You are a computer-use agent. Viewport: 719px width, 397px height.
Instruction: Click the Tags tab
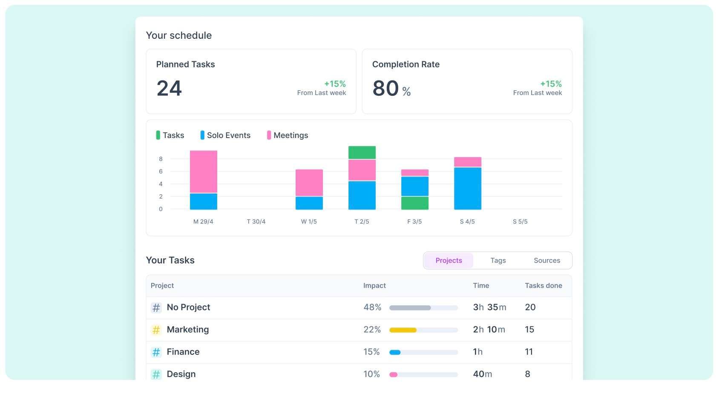(498, 260)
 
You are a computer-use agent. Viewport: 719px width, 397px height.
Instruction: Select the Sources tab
(546, 260)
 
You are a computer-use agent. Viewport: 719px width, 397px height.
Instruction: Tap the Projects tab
(449, 260)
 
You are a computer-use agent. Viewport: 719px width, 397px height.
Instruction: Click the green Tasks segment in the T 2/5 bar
(362, 152)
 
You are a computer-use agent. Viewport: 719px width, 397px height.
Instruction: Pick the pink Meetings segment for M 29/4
(204, 171)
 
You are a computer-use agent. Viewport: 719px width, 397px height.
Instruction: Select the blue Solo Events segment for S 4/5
(467, 188)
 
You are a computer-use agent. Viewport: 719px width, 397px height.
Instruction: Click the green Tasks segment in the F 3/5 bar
(415, 203)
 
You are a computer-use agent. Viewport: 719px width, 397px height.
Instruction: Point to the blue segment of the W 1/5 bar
(309, 203)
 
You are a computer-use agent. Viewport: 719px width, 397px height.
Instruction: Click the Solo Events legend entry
(225, 135)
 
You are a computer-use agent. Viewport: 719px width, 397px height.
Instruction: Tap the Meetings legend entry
(287, 135)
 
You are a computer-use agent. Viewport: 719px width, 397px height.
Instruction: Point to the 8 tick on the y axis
(161, 159)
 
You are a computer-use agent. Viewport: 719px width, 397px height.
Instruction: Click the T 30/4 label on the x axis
(256, 222)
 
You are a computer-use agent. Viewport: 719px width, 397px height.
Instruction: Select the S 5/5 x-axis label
(520, 222)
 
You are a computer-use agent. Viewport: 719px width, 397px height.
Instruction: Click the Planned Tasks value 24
(169, 88)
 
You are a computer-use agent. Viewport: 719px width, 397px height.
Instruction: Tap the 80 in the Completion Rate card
(385, 88)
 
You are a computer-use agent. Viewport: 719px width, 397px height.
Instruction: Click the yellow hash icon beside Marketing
(156, 330)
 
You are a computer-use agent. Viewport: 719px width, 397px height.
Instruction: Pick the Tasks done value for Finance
(529, 352)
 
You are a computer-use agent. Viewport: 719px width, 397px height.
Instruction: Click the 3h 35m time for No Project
(489, 307)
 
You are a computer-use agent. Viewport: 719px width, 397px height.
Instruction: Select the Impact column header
(374, 285)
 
